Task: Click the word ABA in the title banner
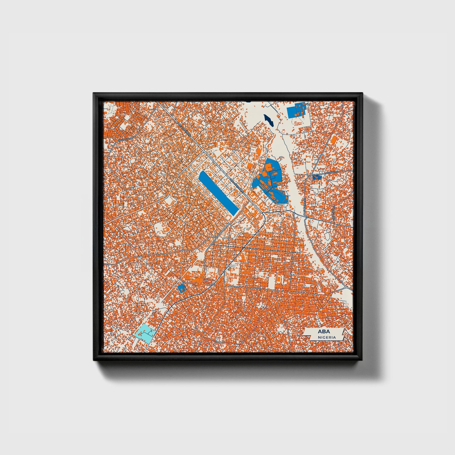(x=324, y=332)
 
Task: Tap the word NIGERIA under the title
(x=327, y=337)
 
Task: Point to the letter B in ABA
(x=324, y=332)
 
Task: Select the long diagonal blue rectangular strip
(x=218, y=193)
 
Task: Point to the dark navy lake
(x=269, y=120)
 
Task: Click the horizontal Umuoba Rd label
(x=331, y=172)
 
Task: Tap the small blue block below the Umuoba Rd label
(x=317, y=177)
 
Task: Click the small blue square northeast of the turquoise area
(x=181, y=288)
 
